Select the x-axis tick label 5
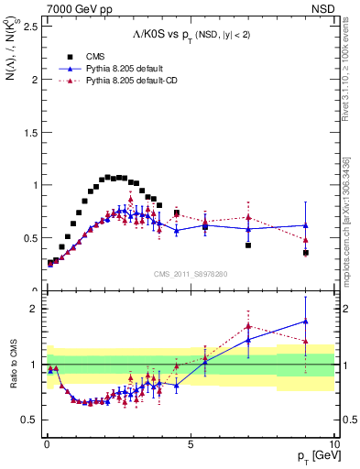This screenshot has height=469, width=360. click(190, 442)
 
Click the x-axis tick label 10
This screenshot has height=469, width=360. click(333, 442)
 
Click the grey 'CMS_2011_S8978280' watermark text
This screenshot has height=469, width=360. click(191, 273)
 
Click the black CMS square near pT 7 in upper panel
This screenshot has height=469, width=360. click(248, 245)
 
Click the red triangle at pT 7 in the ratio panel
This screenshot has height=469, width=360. click(248, 326)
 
